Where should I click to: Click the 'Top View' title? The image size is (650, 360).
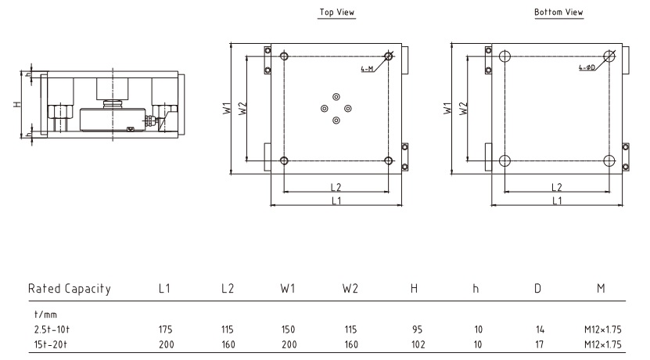[x=336, y=13]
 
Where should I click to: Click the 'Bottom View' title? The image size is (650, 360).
[x=558, y=13]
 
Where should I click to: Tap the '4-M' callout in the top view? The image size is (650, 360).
[x=366, y=69]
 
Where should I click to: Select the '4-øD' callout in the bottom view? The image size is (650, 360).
[x=587, y=69]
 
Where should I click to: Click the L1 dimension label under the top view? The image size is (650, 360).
[x=336, y=201]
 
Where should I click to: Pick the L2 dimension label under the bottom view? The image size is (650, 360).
[x=557, y=187]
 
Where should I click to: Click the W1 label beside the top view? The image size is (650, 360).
[x=224, y=109]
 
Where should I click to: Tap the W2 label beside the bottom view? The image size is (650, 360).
[x=463, y=109]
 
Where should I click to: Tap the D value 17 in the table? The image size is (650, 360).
[x=538, y=344]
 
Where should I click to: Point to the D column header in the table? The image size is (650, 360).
[x=538, y=289]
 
